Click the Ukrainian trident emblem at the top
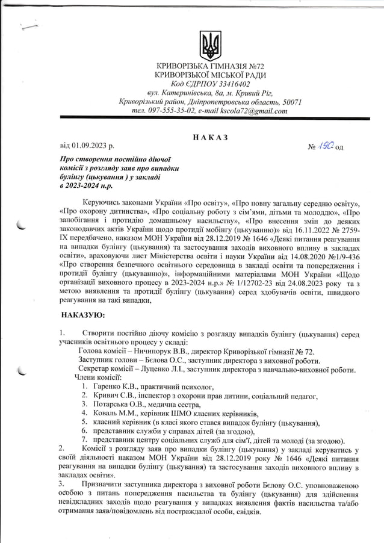point(210,46)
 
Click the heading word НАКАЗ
point(209,137)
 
